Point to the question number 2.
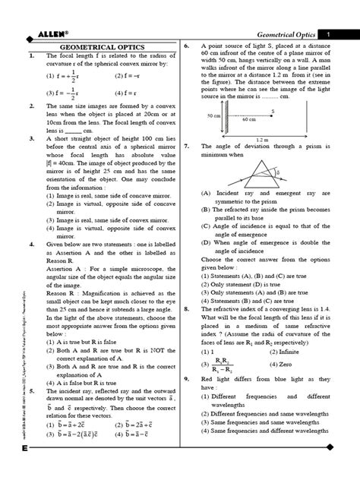pos(29,107)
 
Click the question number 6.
pos(187,47)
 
